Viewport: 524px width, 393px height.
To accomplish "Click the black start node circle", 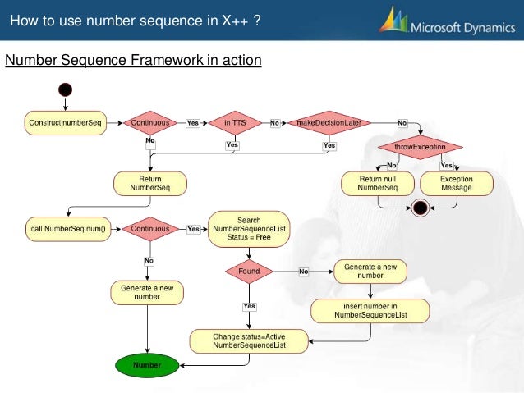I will (66, 89).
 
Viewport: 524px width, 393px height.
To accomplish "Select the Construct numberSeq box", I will (65, 122).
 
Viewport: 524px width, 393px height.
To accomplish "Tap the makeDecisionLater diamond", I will (329, 122).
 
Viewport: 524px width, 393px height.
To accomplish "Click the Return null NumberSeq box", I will (378, 182).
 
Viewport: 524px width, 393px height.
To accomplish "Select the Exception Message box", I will (456, 182).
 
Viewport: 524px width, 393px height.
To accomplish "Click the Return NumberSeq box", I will (150, 182).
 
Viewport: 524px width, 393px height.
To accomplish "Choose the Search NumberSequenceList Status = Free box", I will (249, 229).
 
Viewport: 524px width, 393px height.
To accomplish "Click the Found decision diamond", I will (249, 271).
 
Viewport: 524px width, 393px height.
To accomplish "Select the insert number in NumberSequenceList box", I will (370, 309).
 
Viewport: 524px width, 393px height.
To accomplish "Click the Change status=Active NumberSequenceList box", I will (248, 340).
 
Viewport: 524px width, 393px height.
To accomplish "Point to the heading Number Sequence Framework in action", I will (133, 61).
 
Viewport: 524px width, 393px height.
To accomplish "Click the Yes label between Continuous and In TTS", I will (192, 123).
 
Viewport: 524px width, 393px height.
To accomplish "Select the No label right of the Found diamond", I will (303, 271).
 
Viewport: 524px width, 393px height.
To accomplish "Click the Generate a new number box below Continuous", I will (147, 292).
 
